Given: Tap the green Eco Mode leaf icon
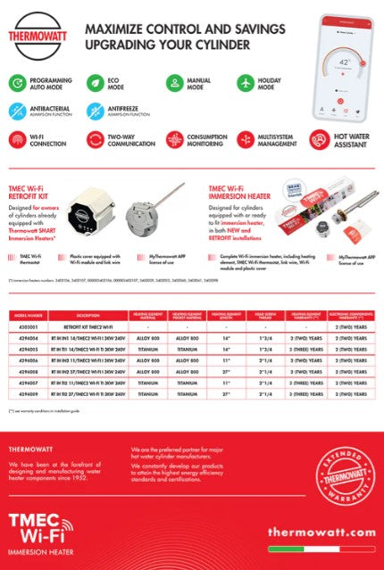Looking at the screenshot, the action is [93, 83].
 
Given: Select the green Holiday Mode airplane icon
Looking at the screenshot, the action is [246, 83].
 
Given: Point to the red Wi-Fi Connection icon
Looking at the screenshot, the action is [17, 139].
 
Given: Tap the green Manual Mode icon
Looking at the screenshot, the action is [173, 83].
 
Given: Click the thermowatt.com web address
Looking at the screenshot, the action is [321, 533].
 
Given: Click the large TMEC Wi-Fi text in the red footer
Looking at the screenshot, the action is [40, 525].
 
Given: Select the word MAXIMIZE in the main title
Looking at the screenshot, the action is [113, 29].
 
